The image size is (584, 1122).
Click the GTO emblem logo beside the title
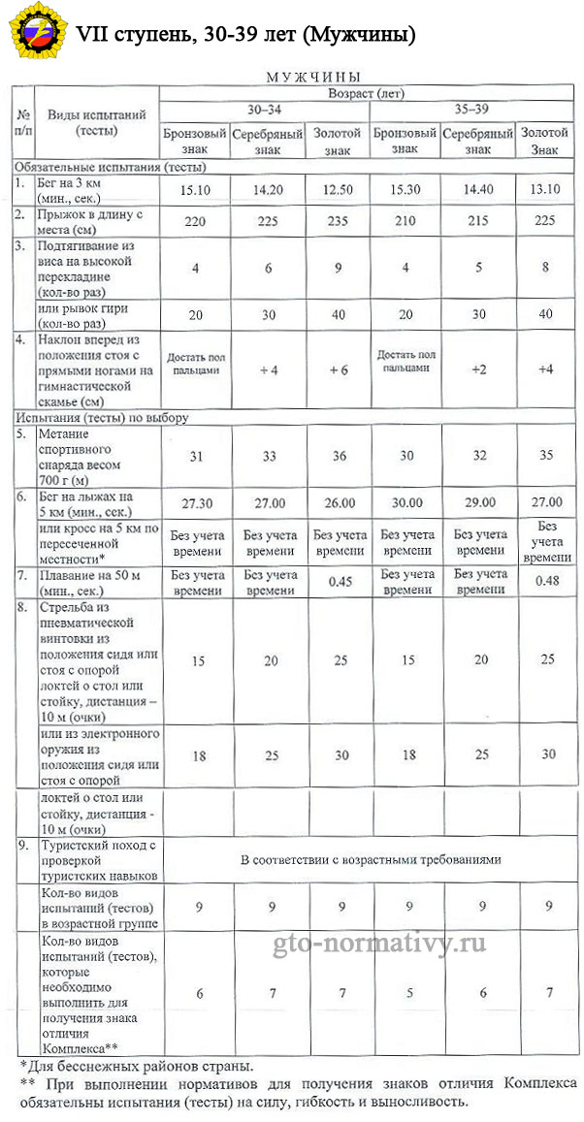[33, 34]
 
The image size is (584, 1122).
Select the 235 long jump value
[338, 220]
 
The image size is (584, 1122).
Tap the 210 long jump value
[407, 220]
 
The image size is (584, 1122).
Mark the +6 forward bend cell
[338, 369]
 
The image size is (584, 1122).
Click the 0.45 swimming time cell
[338, 582]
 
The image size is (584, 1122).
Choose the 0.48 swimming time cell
[545, 582]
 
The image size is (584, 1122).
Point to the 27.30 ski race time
[195, 502]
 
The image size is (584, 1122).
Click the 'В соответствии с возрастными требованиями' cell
[372, 860]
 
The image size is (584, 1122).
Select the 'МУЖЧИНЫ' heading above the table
[313, 76]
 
